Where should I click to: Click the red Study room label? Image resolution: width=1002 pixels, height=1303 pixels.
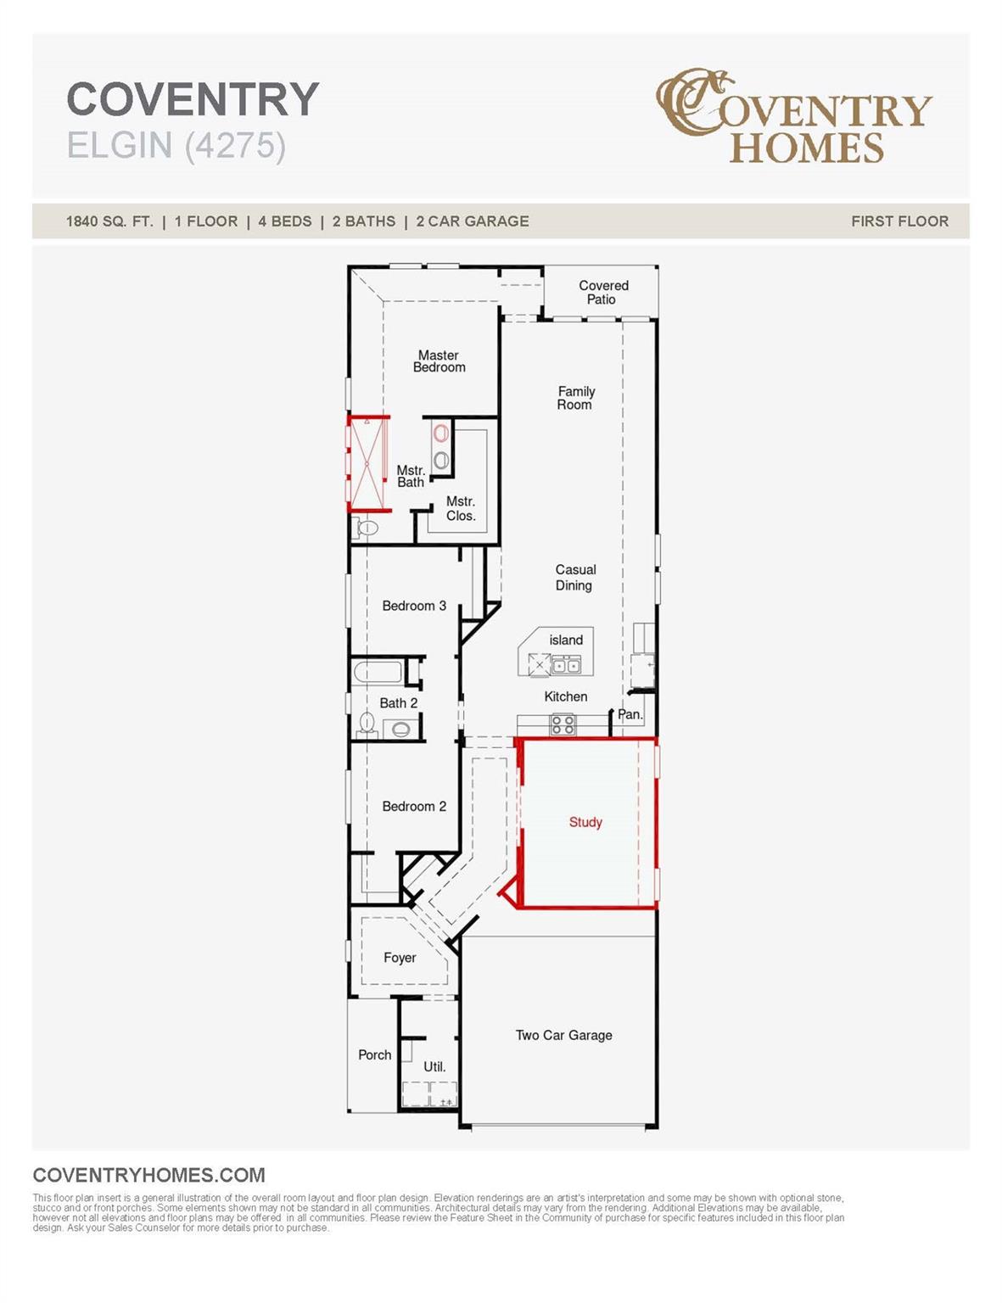(585, 822)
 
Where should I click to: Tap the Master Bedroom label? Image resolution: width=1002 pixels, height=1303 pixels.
(439, 361)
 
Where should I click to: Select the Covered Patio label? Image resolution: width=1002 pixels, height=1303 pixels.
(602, 293)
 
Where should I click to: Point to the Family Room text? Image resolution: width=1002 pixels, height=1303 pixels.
(576, 398)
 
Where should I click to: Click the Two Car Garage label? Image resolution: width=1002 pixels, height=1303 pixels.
(563, 1035)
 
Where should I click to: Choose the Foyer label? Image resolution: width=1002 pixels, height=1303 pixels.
(400, 958)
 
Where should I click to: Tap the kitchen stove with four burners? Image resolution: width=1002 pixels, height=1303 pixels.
(563, 724)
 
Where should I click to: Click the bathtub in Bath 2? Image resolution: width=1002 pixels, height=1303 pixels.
(378, 673)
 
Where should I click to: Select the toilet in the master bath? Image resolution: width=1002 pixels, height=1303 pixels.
(367, 528)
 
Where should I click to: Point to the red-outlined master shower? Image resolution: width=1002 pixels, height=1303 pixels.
(368, 463)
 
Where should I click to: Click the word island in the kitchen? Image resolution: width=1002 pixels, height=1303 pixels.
(566, 640)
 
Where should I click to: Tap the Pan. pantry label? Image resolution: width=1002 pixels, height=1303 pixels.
(630, 714)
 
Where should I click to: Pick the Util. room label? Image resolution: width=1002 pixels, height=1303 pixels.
(434, 1066)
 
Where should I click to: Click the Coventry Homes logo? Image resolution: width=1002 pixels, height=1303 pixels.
(793, 116)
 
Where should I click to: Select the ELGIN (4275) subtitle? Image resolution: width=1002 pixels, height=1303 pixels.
(176, 145)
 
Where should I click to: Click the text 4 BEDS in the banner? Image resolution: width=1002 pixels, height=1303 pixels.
(285, 221)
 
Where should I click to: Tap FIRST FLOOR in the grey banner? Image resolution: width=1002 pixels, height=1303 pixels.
(899, 221)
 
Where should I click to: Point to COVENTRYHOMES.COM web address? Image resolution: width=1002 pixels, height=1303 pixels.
(148, 1175)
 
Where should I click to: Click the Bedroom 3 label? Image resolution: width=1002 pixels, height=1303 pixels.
(414, 606)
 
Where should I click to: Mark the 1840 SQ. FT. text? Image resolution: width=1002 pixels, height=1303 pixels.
(109, 221)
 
